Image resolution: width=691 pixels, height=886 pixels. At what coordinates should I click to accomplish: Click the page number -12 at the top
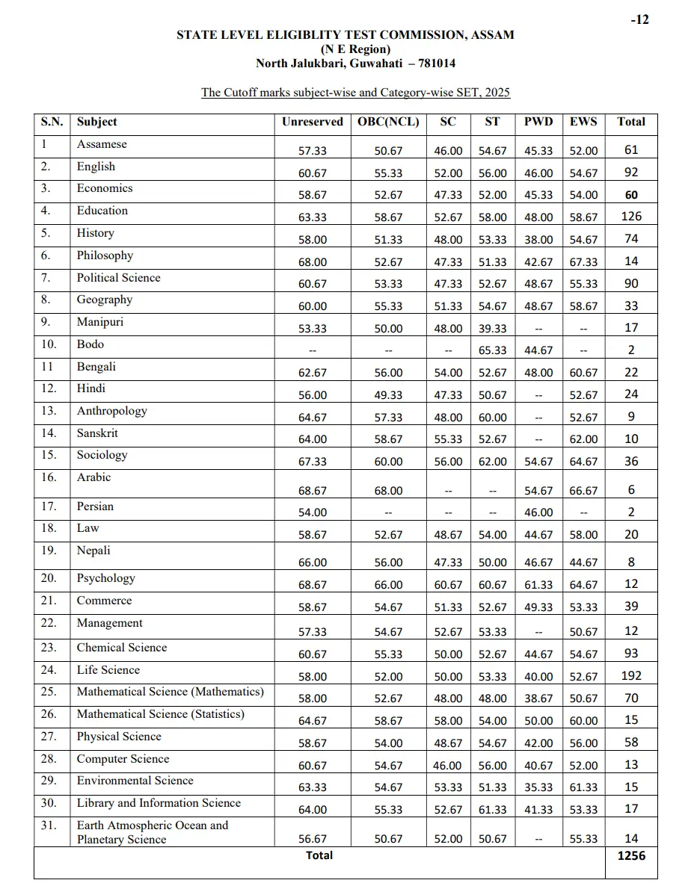(639, 20)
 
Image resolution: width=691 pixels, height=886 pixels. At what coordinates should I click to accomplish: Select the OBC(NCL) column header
(388, 122)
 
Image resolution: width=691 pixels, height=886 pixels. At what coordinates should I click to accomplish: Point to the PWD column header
(538, 122)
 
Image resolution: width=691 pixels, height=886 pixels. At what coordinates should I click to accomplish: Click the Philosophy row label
(105, 255)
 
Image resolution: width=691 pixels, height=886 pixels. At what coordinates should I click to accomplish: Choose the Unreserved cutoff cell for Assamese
(313, 151)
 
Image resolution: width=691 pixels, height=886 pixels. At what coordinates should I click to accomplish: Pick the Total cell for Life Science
(631, 676)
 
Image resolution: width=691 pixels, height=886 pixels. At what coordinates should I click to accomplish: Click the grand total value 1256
(631, 856)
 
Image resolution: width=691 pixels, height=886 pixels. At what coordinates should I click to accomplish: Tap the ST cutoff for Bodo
(493, 350)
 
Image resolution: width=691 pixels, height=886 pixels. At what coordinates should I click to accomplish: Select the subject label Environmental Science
(135, 781)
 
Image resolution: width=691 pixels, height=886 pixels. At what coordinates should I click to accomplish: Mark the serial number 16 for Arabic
(49, 477)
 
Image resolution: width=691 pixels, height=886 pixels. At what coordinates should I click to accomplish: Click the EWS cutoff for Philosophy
(583, 262)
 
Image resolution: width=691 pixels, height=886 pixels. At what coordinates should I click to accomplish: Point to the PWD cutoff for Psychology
(538, 585)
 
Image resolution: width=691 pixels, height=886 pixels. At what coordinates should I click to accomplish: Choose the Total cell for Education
(631, 217)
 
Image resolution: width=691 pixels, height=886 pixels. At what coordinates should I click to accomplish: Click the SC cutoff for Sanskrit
(448, 439)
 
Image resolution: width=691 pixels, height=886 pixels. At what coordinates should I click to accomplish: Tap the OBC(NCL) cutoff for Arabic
(388, 491)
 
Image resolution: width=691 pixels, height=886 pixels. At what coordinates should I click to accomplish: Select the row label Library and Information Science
(159, 803)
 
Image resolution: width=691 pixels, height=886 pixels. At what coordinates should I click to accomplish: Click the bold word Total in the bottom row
(319, 855)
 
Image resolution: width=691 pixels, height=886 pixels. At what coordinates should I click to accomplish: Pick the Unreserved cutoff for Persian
(313, 512)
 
